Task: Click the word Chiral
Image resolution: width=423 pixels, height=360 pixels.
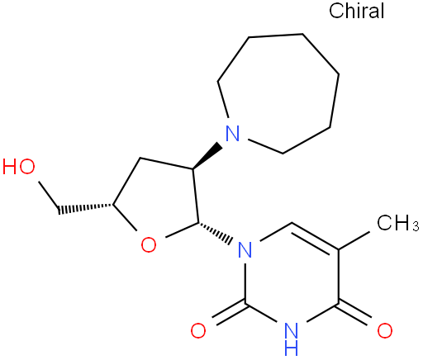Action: pos(356,11)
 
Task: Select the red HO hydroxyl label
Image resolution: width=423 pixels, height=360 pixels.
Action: pos(19,167)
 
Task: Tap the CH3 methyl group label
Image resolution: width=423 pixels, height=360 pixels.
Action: pos(398,222)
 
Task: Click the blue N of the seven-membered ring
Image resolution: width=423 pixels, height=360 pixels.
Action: pos(232,133)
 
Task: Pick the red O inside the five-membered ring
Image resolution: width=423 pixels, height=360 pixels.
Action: pos(149,244)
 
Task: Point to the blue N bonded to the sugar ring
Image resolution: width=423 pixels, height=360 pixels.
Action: pos(245,249)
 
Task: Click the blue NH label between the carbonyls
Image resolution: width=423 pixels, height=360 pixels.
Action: pos(292,339)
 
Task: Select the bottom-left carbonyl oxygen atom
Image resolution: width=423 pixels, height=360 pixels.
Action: pos(198,330)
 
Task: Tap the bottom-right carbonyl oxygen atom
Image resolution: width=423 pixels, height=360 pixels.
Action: pos(385,330)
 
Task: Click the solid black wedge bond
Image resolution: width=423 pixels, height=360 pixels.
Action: pos(207,155)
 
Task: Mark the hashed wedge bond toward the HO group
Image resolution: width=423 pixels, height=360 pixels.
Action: pos(85,208)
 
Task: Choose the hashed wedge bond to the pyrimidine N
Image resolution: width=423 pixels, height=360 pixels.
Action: pos(214,233)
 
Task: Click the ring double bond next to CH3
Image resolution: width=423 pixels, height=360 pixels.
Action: pos(315,237)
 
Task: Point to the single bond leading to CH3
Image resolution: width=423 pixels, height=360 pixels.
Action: pos(354,241)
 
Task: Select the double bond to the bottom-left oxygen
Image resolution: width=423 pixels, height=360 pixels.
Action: pos(229,315)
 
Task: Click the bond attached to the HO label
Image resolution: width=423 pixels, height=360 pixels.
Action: pos(49,196)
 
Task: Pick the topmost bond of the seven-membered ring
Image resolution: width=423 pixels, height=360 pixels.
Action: pos(276,36)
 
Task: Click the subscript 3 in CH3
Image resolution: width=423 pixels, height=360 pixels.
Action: pos(416,226)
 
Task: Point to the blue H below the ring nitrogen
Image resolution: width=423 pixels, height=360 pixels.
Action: pos(292,348)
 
